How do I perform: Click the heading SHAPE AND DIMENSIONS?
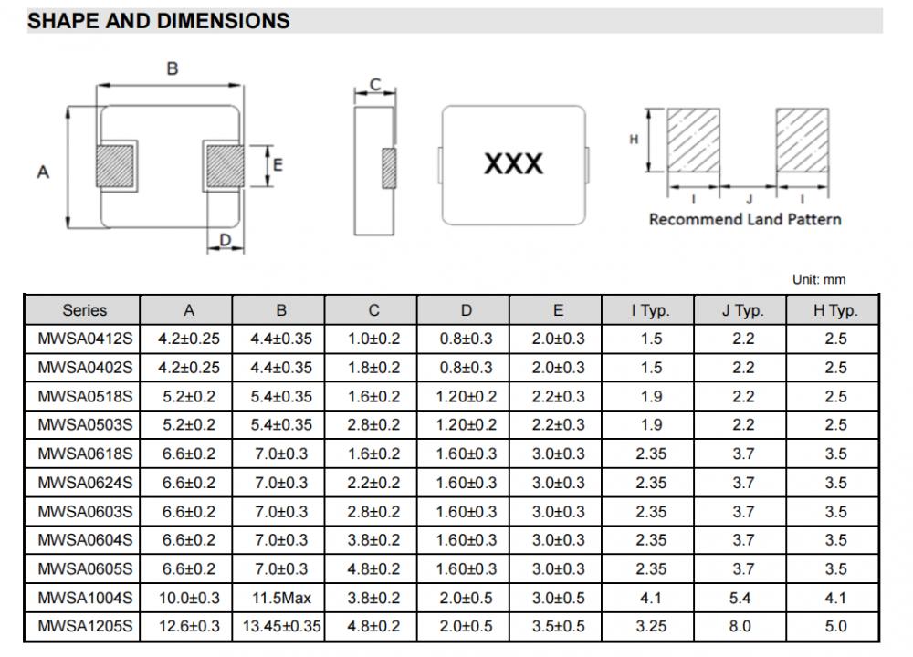click(158, 21)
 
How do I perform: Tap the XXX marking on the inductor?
click(513, 164)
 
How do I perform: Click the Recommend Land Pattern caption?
click(745, 219)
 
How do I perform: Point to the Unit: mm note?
click(819, 279)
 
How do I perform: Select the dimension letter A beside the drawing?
click(43, 172)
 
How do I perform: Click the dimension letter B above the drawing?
click(173, 68)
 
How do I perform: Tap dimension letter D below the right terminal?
click(226, 240)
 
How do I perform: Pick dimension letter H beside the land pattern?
click(634, 140)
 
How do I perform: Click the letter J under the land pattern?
click(750, 200)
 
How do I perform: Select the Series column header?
click(84, 310)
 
